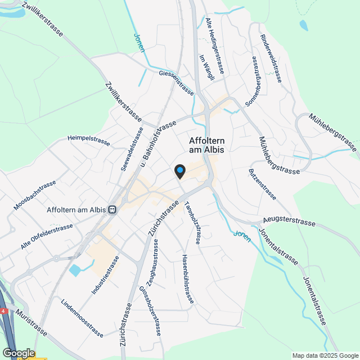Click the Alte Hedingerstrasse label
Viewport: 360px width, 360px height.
215,46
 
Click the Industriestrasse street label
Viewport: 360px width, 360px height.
106,276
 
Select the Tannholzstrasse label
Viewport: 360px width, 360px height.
193,223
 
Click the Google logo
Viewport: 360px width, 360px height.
18,353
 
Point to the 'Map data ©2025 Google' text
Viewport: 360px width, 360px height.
325,355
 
